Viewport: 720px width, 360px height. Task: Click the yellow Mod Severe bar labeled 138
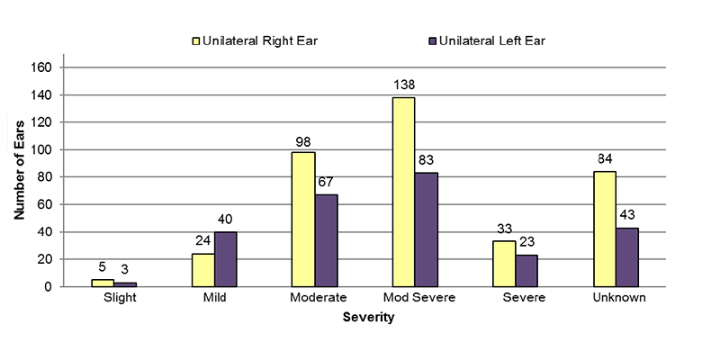click(403, 192)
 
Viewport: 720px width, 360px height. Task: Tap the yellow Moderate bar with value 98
click(303, 219)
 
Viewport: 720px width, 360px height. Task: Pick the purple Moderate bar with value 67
click(326, 240)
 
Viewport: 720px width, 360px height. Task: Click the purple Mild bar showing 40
click(225, 259)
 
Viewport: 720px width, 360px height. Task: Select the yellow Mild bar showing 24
click(202, 270)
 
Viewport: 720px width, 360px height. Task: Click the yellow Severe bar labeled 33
click(504, 264)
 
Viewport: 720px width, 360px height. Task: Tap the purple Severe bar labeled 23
click(526, 271)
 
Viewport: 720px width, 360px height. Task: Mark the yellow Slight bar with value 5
click(103, 283)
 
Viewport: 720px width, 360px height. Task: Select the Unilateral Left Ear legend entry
click(481, 40)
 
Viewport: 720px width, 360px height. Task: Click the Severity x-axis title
click(369, 317)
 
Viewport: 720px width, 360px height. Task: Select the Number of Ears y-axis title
click(20, 176)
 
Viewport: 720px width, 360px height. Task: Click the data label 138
click(403, 85)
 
